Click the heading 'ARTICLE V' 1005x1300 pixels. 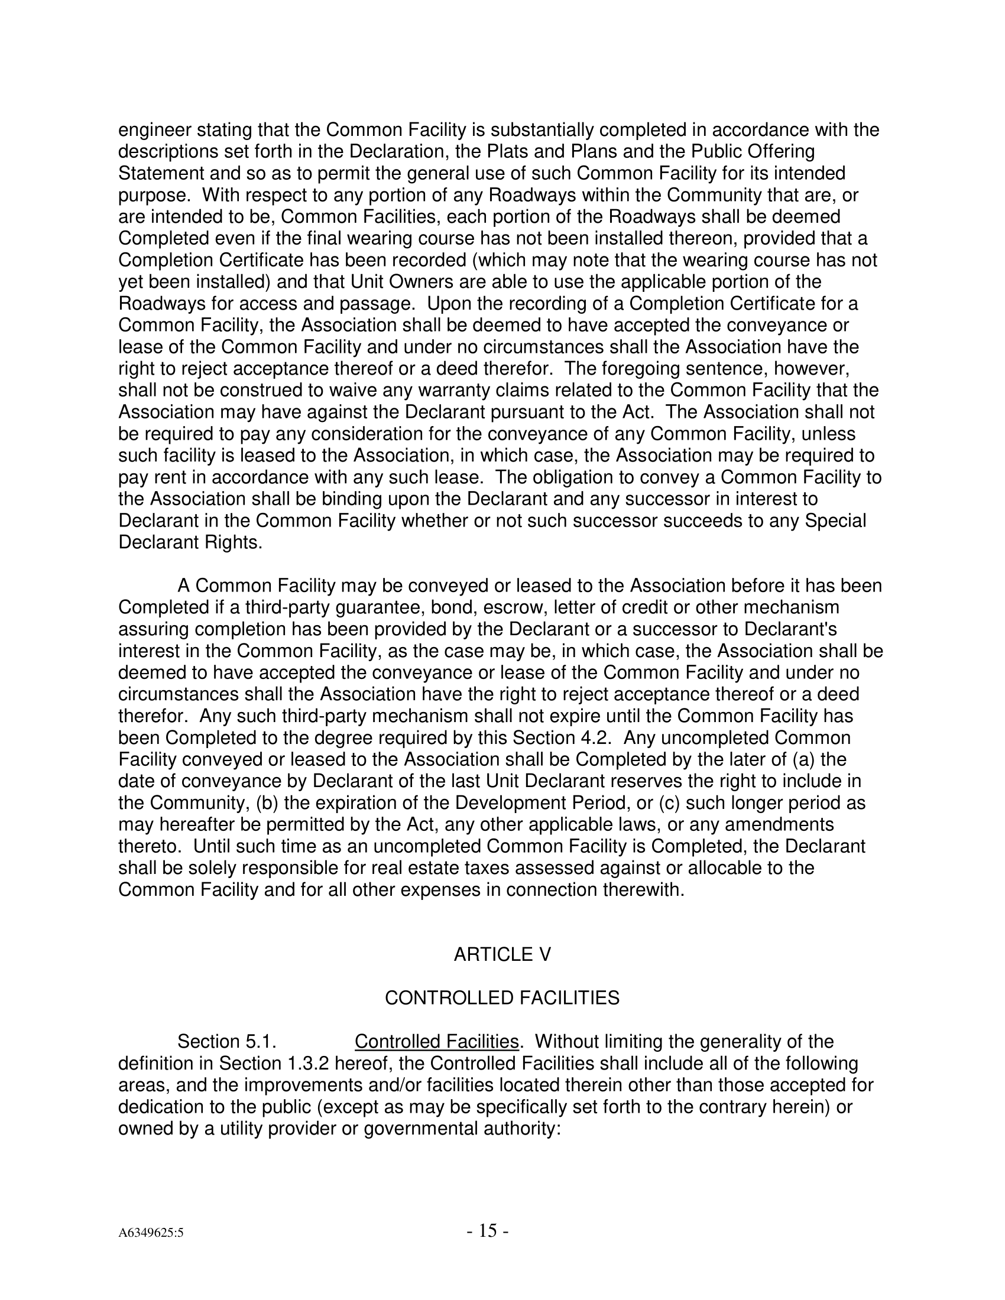pos(502,955)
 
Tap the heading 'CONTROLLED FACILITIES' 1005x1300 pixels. pos(502,998)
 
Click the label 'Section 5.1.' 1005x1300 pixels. pos(227,1042)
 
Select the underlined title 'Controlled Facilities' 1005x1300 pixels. pos(436,1042)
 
